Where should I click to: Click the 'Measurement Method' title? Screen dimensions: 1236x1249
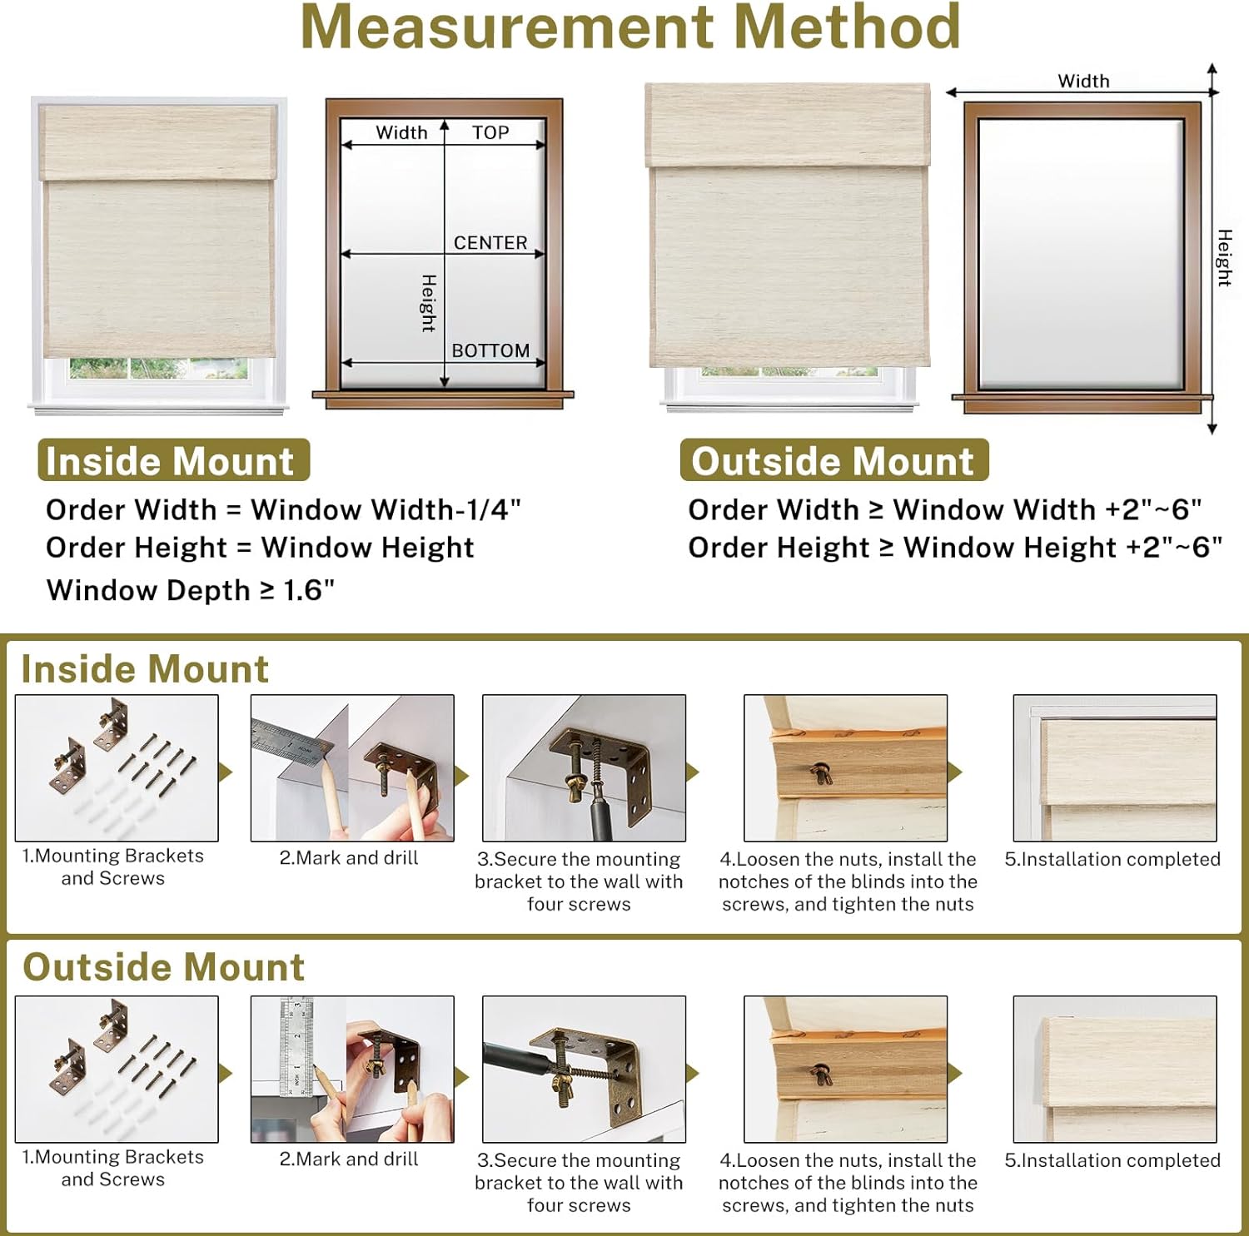630,28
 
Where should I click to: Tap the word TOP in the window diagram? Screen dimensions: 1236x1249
490,133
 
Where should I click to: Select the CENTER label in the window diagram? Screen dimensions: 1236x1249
490,243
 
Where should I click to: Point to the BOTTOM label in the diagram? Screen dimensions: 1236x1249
490,351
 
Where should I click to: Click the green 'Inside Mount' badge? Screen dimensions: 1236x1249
173,460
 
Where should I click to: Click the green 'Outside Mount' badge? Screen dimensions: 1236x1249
833,460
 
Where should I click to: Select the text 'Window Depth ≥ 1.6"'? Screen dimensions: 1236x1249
191,590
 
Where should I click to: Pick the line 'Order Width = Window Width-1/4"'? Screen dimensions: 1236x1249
283,509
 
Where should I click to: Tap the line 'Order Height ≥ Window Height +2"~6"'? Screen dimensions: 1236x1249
954,548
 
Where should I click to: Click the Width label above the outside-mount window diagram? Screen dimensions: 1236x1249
1083,82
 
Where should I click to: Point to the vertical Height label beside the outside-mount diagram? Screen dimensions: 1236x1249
1224,258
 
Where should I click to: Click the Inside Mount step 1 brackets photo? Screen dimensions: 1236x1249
117,767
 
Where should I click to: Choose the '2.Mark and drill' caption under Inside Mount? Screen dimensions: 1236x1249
349,858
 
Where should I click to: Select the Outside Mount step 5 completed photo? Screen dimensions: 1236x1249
1115,1069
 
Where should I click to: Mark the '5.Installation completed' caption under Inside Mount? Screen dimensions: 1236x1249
1112,859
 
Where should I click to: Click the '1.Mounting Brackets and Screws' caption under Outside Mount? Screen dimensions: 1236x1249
113,1168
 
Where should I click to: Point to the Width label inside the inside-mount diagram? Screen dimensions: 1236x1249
401,133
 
